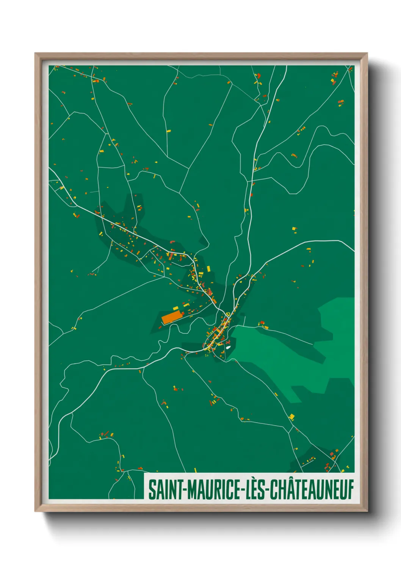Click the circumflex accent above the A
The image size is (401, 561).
(x=288, y=480)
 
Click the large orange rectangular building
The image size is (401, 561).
(x=171, y=317)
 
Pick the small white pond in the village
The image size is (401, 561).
(x=228, y=347)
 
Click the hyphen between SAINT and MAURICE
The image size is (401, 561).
(x=185, y=490)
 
